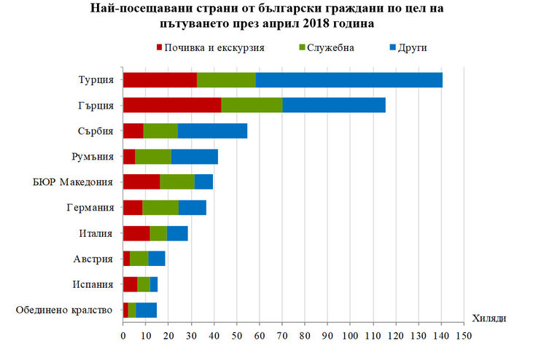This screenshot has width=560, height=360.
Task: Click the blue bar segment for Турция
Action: tap(349, 80)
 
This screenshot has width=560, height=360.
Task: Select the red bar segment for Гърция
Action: tap(171, 106)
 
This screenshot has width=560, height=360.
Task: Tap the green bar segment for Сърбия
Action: tap(160, 131)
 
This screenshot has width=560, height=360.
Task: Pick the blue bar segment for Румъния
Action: tap(194, 157)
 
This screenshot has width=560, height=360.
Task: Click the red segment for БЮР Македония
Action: tap(141, 182)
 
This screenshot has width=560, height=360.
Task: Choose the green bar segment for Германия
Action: tap(160, 208)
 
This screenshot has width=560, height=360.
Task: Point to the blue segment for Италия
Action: tap(177, 233)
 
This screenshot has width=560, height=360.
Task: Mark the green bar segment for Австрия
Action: tap(139, 259)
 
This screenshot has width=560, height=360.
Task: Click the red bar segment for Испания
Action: tap(130, 284)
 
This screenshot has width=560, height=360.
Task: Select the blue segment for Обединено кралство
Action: tap(146, 310)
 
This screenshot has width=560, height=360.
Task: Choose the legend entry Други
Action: tap(412, 47)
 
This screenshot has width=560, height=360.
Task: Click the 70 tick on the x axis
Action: tap(282, 336)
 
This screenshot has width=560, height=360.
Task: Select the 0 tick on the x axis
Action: tap(123, 336)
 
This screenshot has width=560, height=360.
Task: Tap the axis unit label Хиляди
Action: tap(489, 318)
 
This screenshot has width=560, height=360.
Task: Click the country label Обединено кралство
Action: tap(64, 310)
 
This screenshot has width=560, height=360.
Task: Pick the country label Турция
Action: tap(95, 80)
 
